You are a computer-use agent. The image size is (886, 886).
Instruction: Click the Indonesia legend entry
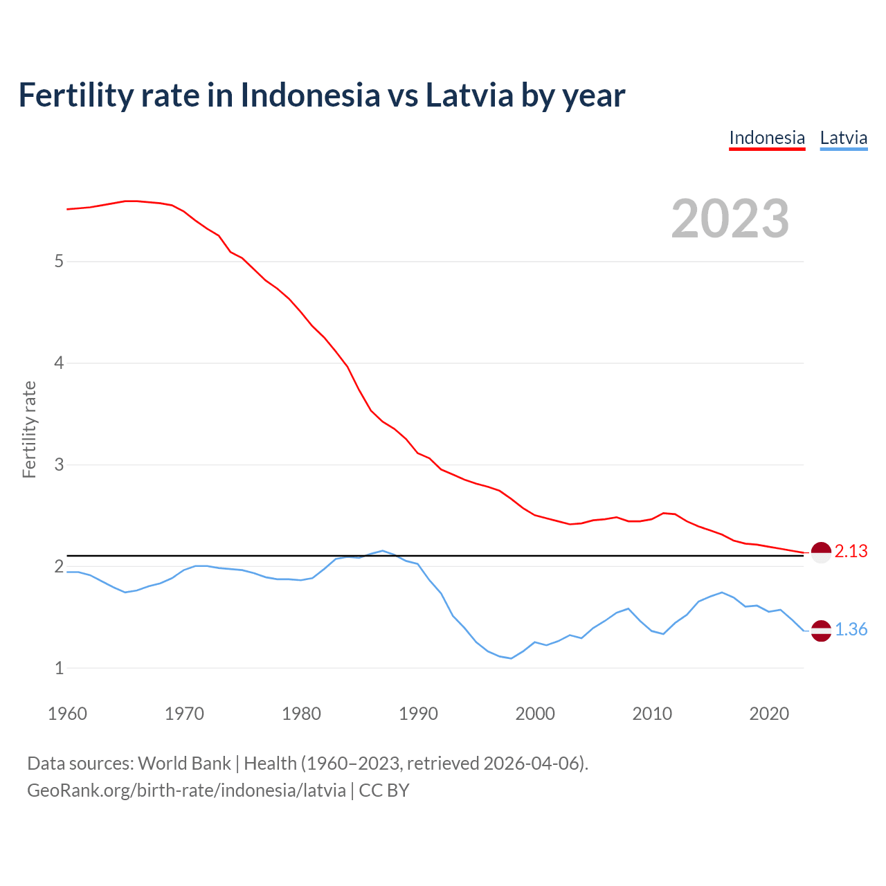pos(767,138)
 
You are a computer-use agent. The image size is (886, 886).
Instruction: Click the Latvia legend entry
pos(843,138)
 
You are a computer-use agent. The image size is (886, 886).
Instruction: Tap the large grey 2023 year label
pos(730,219)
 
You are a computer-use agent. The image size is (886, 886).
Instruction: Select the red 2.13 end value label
pos(851,551)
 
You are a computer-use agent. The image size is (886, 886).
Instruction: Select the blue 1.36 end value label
pos(851,629)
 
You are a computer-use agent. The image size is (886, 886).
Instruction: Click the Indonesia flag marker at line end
pos(821,553)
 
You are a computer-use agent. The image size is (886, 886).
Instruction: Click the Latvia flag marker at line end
pos(821,631)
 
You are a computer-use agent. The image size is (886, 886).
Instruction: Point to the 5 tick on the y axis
pos(59,262)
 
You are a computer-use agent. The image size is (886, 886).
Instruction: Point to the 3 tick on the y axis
pos(59,464)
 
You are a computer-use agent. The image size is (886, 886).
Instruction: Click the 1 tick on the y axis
pos(59,668)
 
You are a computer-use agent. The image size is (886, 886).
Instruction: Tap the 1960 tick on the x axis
pos(67,714)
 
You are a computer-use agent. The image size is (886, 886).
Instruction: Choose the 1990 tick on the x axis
pos(418,714)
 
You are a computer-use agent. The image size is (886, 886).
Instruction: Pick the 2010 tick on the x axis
pos(652,714)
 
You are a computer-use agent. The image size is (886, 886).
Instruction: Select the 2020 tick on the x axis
pos(769,714)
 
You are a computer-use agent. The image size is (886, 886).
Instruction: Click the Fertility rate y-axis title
pos(29,429)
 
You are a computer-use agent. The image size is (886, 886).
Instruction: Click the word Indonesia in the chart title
pos(310,95)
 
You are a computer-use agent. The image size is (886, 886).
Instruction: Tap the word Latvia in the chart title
pos(469,95)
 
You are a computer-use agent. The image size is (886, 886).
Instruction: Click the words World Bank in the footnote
pos(184,763)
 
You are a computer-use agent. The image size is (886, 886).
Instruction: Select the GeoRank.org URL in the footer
pos(186,790)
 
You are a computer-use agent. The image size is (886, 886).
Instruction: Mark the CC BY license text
pos(384,790)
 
